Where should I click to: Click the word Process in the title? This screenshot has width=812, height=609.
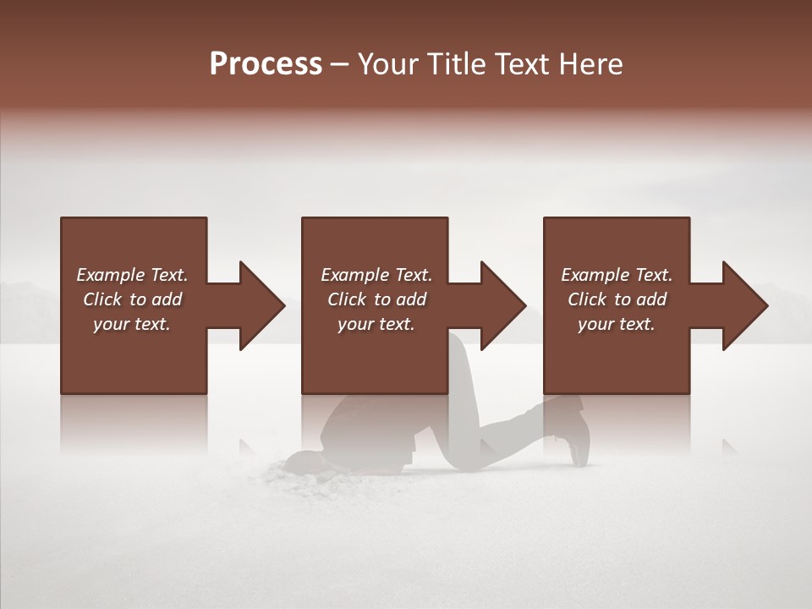click(x=266, y=63)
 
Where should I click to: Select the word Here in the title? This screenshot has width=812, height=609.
click(x=594, y=63)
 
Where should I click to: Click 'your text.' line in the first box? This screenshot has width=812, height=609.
click(x=132, y=324)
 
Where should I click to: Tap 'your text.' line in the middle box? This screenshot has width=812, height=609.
click(x=376, y=324)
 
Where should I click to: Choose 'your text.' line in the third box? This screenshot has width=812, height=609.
click(x=617, y=324)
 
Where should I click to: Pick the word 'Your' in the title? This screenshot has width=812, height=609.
click(x=387, y=63)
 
